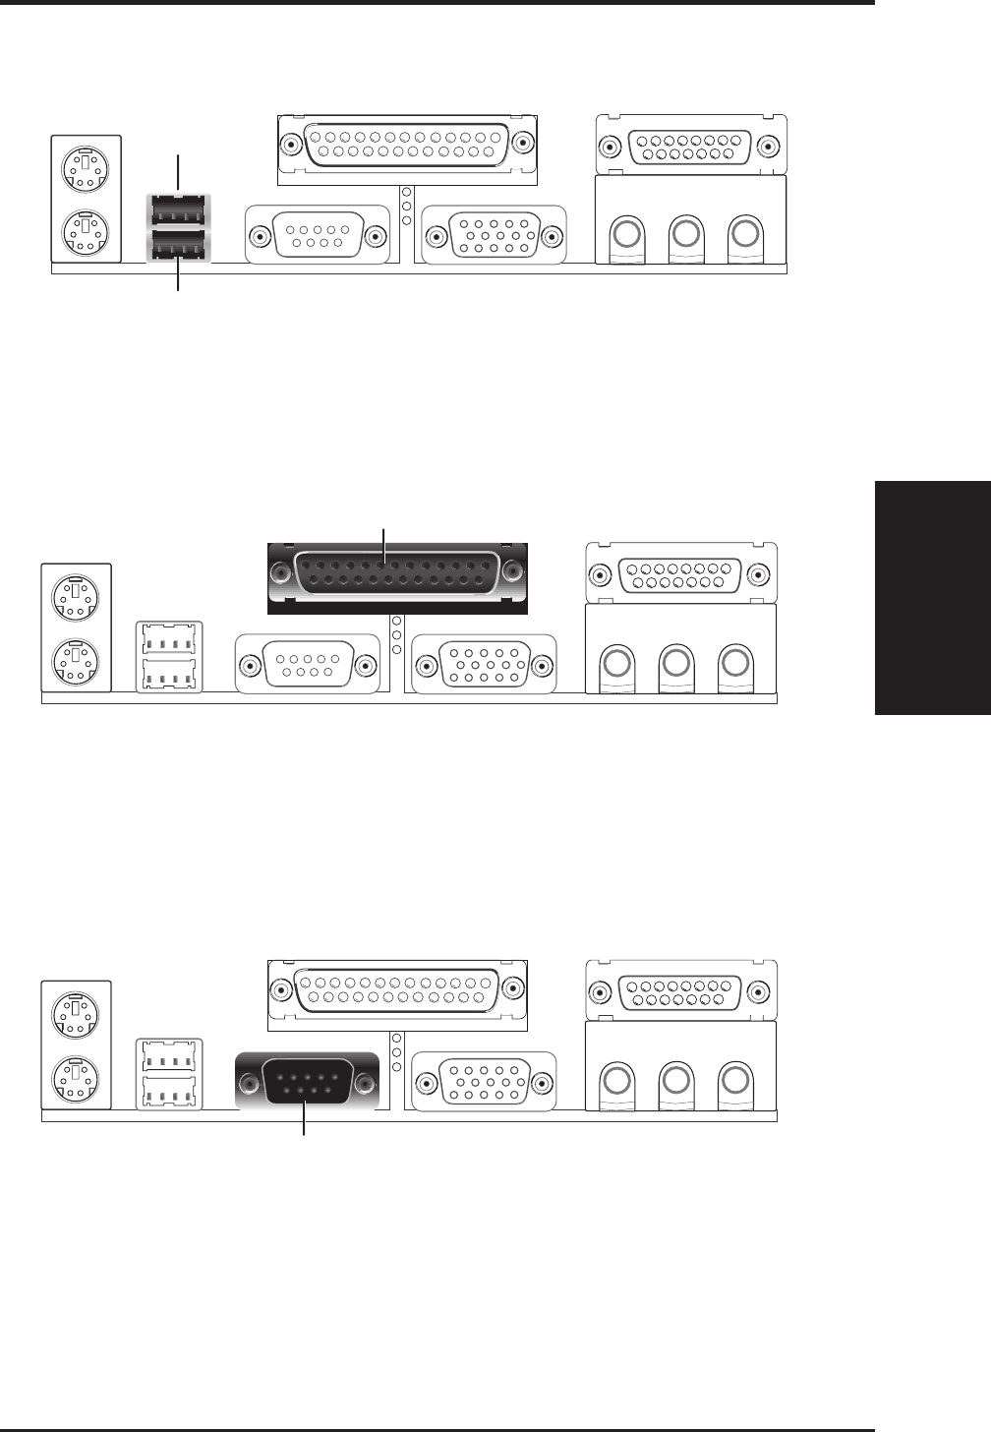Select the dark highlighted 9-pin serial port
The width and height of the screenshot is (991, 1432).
point(307,1083)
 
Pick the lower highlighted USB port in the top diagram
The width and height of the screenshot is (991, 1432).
point(178,245)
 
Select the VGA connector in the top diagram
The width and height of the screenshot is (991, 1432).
point(494,236)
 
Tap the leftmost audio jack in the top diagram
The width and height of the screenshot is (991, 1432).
point(626,235)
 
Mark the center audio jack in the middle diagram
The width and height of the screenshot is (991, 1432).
point(674,662)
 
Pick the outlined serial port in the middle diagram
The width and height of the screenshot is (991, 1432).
point(307,665)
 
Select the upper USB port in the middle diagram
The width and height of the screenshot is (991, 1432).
point(168,639)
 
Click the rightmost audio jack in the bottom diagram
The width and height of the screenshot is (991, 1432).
point(734,1080)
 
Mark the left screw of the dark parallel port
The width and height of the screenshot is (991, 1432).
point(281,571)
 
